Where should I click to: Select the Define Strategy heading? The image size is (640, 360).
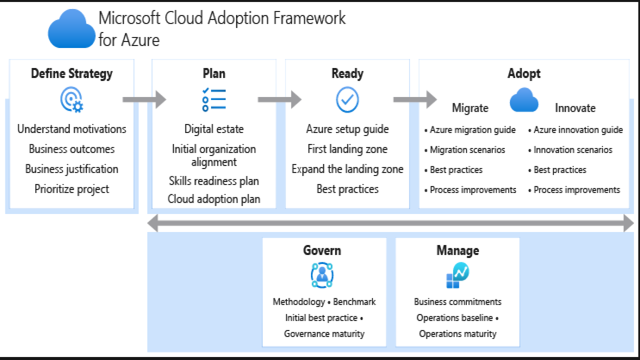pyautogui.click(x=71, y=73)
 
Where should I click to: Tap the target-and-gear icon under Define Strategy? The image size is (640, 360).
pyautogui.click(x=71, y=100)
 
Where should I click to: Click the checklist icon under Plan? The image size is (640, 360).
pyautogui.click(x=214, y=100)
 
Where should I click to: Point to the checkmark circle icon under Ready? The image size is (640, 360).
pyautogui.click(x=347, y=100)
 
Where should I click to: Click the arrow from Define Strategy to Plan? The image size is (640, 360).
pyautogui.click(x=144, y=99)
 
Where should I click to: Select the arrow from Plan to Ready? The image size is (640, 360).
pyautogui.click(x=279, y=99)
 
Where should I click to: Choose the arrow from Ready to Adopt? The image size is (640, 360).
pyautogui.click(x=415, y=99)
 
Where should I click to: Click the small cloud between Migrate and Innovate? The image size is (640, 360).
pyautogui.click(x=523, y=100)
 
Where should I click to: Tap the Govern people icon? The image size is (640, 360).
pyautogui.click(x=322, y=274)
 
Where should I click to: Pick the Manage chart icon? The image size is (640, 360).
pyautogui.click(x=457, y=275)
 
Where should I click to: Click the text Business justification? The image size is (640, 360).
pyautogui.click(x=71, y=169)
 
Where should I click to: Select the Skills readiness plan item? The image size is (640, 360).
pyautogui.click(x=214, y=181)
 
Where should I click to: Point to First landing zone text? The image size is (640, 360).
pyautogui.click(x=347, y=149)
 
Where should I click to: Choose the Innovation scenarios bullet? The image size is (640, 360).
pyautogui.click(x=572, y=149)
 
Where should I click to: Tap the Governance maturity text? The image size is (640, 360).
pyautogui.click(x=324, y=333)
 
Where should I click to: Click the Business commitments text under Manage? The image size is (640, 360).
pyautogui.click(x=457, y=301)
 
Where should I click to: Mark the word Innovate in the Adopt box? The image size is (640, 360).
pyautogui.click(x=575, y=108)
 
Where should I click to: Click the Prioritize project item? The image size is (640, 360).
pyautogui.click(x=71, y=189)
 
